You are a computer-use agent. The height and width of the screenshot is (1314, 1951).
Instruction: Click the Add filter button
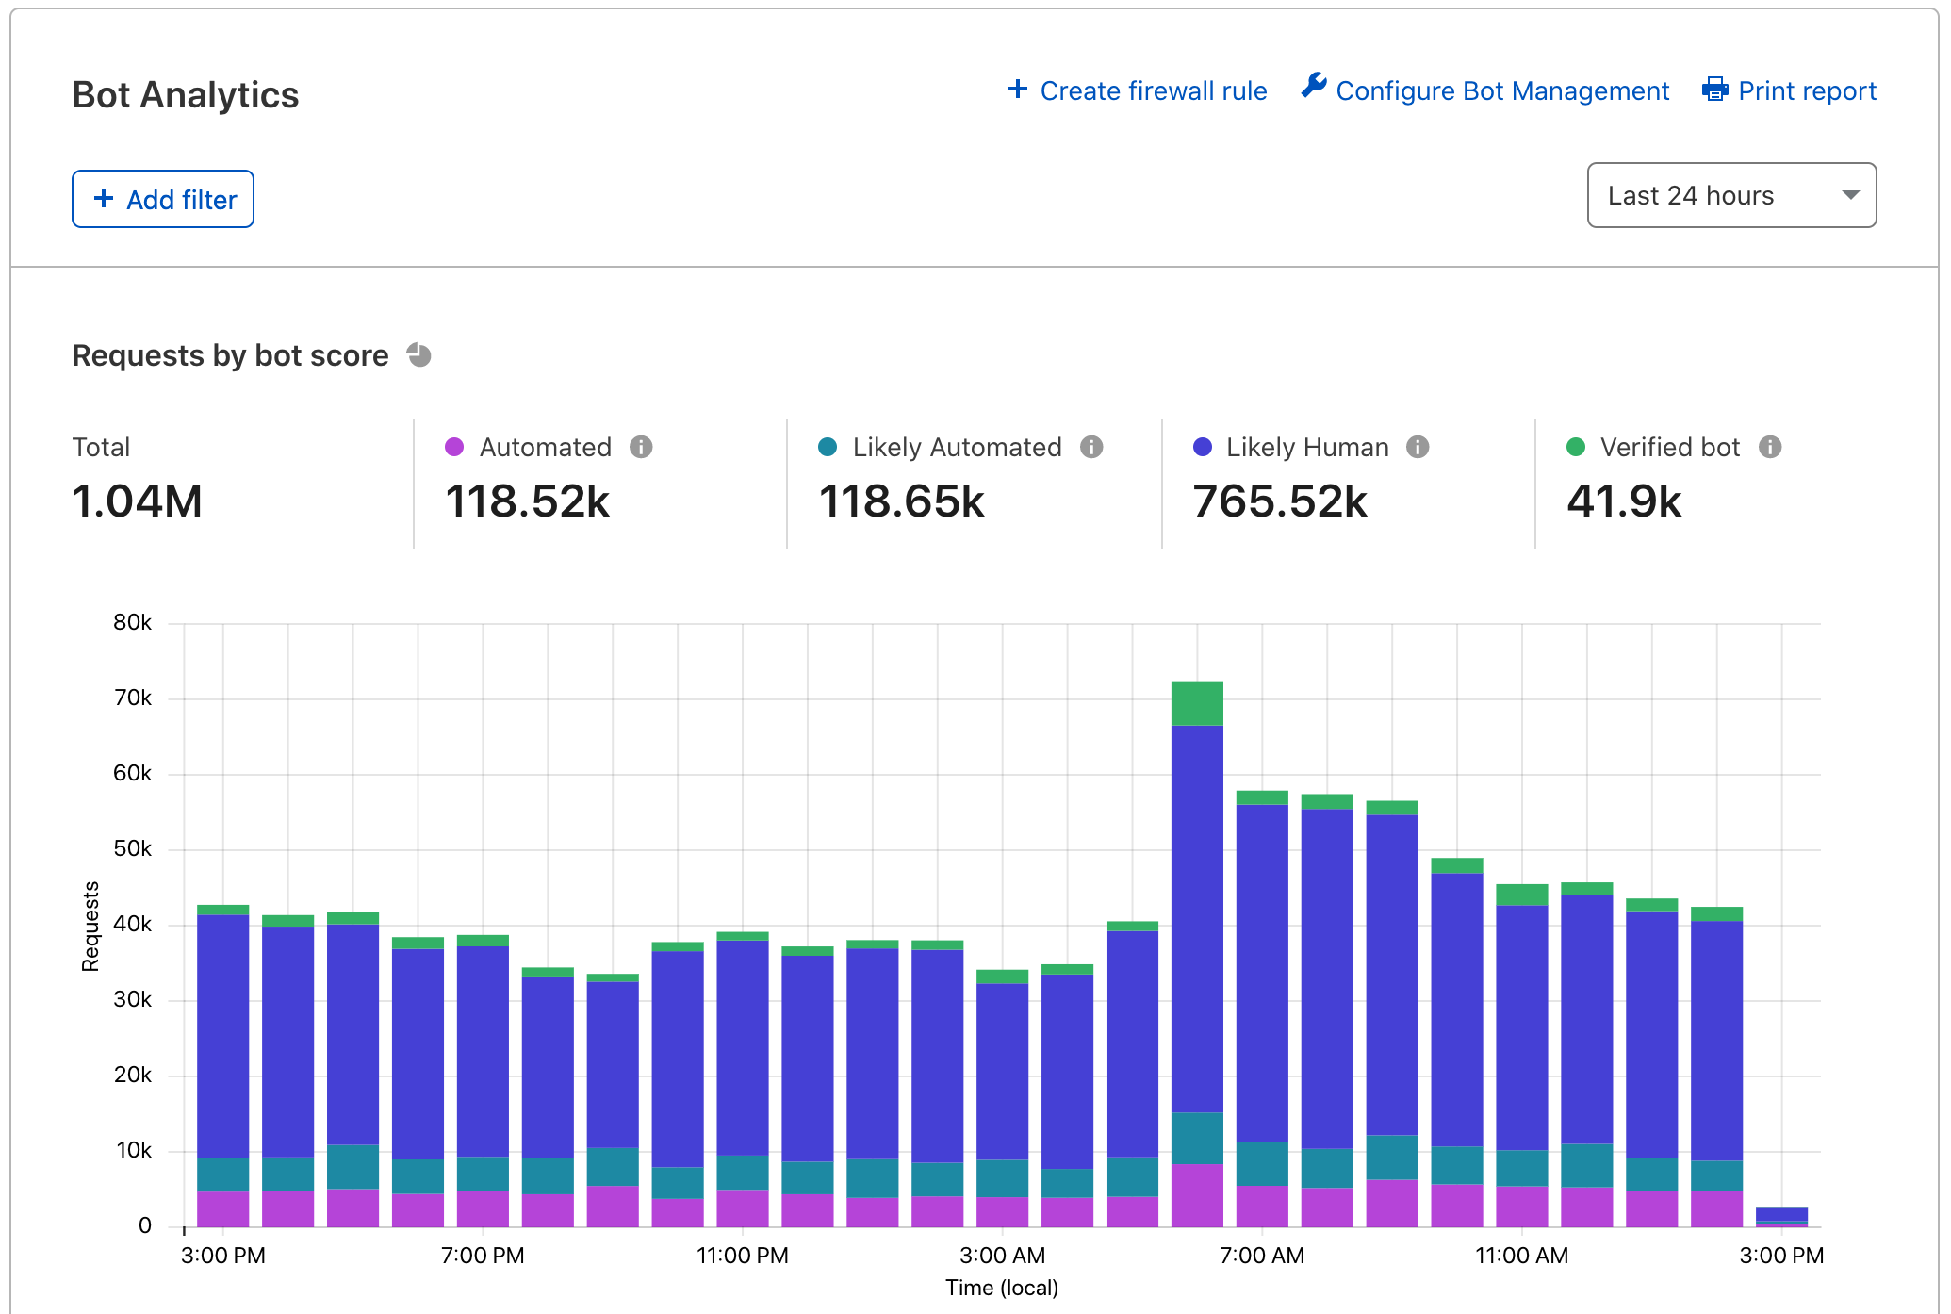point(163,199)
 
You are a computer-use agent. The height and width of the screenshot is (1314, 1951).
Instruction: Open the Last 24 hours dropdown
point(1730,195)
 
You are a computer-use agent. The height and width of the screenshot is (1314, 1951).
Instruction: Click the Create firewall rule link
point(1138,90)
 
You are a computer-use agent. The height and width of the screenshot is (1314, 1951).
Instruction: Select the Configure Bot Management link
point(1485,90)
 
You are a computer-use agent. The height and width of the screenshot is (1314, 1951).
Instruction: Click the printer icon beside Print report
point(1714,90)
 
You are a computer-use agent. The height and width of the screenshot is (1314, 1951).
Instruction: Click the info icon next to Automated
point(641,447)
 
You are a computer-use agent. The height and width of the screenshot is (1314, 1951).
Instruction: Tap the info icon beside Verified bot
point(1770,447)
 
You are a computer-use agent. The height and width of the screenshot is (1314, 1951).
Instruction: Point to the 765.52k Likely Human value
point(1279,501)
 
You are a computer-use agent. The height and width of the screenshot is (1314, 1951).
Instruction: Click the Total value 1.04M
point(138,501)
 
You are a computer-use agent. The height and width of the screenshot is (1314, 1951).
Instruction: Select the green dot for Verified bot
point(1575,447)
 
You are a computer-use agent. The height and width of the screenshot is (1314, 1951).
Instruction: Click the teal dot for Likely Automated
point(828,447)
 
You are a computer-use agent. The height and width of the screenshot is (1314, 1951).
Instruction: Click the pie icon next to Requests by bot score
point(419,355)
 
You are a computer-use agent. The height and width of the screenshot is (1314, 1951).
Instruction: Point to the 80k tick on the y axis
point(132,622)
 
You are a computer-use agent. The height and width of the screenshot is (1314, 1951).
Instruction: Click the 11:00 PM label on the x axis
point(742,1256)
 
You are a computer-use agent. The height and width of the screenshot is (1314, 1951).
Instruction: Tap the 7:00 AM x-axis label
point(1261,1256)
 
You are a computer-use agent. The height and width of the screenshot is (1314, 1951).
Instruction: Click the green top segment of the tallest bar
point(1197,703)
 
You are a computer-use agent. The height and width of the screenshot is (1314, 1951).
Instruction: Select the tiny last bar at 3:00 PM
point(1781,1216)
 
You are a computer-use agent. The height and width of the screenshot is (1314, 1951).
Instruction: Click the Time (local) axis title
point(1001,1288)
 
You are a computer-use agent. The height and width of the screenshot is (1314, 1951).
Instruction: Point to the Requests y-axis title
point(90,926)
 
